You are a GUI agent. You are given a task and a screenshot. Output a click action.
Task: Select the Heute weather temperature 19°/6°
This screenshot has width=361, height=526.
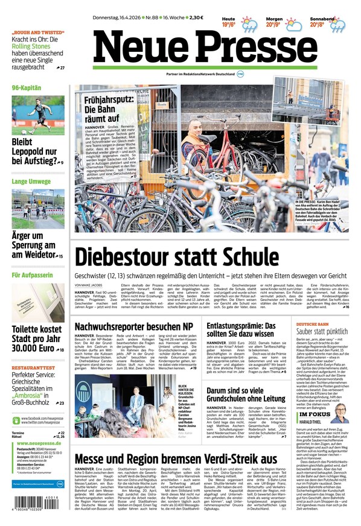click(228, 25)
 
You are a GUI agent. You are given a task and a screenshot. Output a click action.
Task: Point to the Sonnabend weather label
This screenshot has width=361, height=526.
click(322, 19)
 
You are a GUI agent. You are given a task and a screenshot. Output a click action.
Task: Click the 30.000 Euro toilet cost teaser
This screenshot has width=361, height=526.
click(36, 339)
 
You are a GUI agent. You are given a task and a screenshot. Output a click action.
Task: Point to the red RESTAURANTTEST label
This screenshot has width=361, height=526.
click(34, 368)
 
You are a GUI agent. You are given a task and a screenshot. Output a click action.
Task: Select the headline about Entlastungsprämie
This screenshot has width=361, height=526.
click(241, 330)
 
